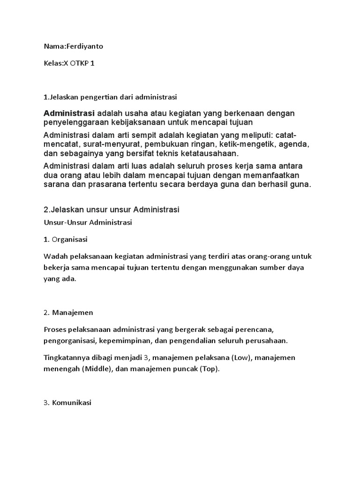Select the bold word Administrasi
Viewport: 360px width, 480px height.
click(69, 113)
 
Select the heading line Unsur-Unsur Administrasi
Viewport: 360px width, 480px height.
click(88, 223)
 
